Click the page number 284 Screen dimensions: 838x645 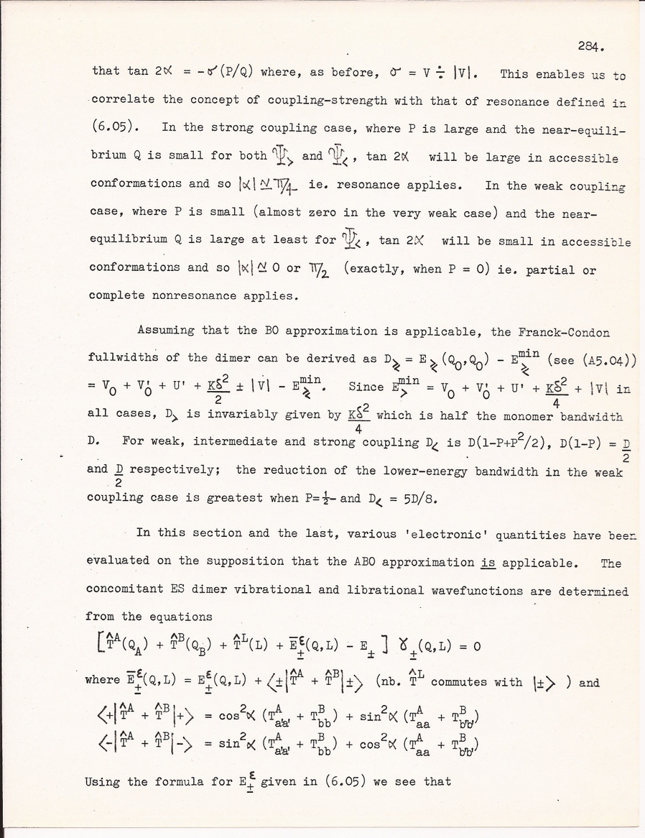coord(593,47)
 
